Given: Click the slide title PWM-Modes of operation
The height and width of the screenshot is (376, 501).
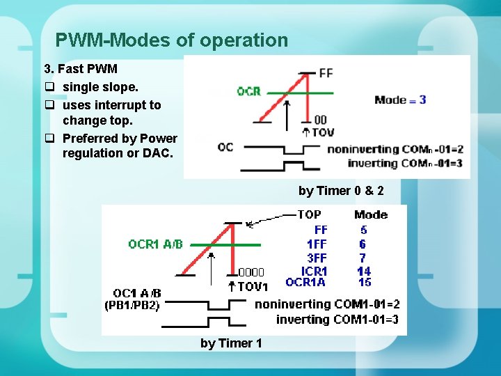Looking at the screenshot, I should [x=171, y=40].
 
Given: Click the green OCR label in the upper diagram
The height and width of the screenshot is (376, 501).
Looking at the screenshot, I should [x=248, y=91].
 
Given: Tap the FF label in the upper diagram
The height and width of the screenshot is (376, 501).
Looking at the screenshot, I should [x=326, y=72].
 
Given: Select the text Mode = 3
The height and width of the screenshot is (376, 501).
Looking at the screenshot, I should [x=400, y=100].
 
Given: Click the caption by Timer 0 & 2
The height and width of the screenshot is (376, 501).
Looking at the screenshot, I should [x=341, y=190].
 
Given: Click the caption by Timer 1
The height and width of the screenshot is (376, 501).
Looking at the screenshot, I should [x=231, y=343].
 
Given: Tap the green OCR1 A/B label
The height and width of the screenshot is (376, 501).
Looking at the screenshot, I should [x=155, y=244].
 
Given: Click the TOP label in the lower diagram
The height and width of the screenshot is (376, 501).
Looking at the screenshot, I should [x=309, y=214].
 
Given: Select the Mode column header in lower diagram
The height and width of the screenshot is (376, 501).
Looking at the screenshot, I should [x=370, y=214].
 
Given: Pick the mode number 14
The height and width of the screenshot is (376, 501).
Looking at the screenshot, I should [x=363, y=271].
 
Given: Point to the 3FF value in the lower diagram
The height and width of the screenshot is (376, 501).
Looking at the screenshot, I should [x=317, y=258].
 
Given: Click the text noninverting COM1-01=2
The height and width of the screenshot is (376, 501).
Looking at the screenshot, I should [x=327, y=304].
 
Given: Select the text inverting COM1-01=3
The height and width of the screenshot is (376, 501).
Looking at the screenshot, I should [x=337, y=320].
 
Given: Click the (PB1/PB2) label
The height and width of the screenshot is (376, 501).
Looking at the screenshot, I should [x=132, y=305].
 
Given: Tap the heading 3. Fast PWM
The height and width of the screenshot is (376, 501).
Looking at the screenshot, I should [x=81, y=69].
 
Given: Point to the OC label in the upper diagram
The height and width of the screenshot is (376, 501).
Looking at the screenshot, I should [x=225, y=147].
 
